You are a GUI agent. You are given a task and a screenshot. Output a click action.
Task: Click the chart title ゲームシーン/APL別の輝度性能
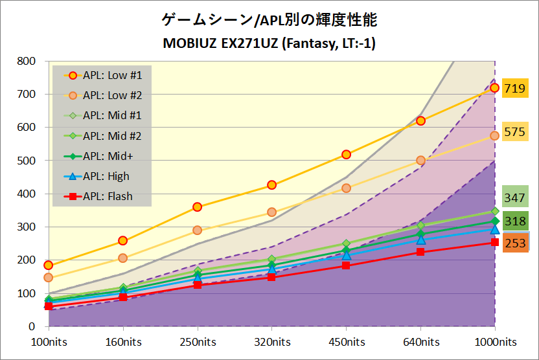coord(269,20)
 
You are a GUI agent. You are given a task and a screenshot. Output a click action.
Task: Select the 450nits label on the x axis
coord(346,341)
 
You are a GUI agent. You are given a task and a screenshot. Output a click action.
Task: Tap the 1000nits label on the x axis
coord(495,341)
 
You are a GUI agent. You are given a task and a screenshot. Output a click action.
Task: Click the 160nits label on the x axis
coord(122,341)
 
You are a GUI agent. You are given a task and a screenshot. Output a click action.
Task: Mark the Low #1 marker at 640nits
coord(420,121)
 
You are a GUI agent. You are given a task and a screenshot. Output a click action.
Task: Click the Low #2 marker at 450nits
coord(346,188)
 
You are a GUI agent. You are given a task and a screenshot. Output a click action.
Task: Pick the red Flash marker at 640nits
coord(420,252)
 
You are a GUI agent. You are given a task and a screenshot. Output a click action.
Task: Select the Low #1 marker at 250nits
coord(197,207)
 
